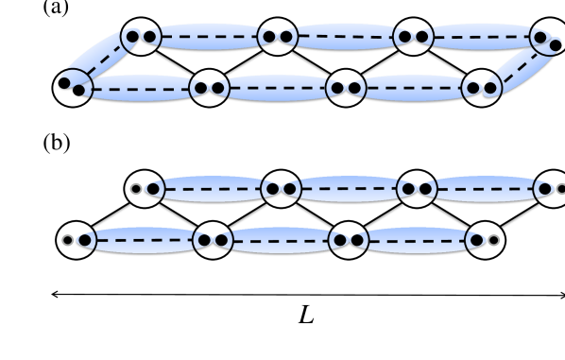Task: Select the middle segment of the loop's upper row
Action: click(x=344, y=37)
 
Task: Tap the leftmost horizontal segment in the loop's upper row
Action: click(x=208, y=37)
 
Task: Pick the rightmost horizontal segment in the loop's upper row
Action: click(x=477, y=37)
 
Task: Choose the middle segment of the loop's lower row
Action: click(x=277, y=88)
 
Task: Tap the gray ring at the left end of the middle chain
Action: click(x=136, y=189)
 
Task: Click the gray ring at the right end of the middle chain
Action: click(x=561, y=189)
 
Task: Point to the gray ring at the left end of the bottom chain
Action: click(x=68, y=240)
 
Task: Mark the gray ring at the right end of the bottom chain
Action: click(x=493, y=240)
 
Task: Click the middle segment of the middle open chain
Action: click(x=349, y=189)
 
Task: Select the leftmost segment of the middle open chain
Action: click(x=213, y=189)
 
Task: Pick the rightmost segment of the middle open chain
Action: click(x=485, y=189)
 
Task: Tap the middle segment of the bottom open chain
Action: click(x=281, y=240)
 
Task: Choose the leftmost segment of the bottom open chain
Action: click(x=145, y=240)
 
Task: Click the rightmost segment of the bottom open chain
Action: click(x=417, y=240)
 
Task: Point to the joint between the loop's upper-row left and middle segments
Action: click(x=277, y=37)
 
